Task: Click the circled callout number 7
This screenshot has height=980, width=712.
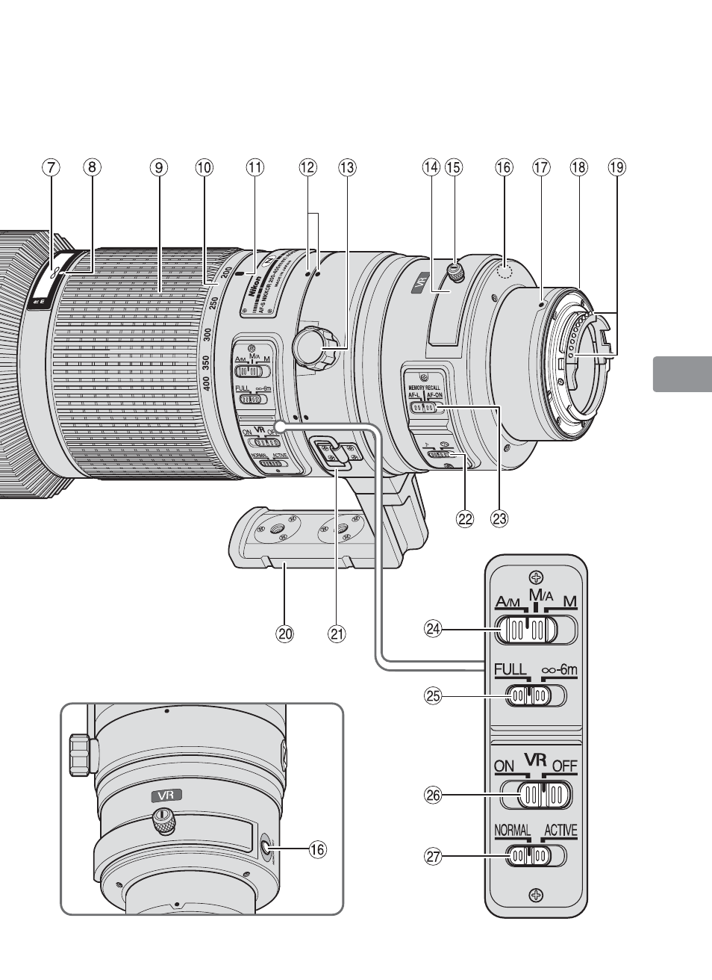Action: pos(50,167)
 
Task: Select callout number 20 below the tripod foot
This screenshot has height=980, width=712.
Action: pos(284,634)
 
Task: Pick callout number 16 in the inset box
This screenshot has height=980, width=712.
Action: pos(318,849)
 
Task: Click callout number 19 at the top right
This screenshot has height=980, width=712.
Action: pos(616,167)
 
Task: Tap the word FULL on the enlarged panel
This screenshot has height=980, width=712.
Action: pos(510,670)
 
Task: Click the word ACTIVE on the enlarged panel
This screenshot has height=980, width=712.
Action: pos(560,831)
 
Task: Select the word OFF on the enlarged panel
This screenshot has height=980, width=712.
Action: pos(565,766)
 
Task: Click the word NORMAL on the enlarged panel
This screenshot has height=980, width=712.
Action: pos(512,831)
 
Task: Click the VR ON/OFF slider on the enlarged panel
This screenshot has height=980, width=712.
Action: pos(535,795)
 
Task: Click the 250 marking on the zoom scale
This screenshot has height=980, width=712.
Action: pos(213,303)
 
